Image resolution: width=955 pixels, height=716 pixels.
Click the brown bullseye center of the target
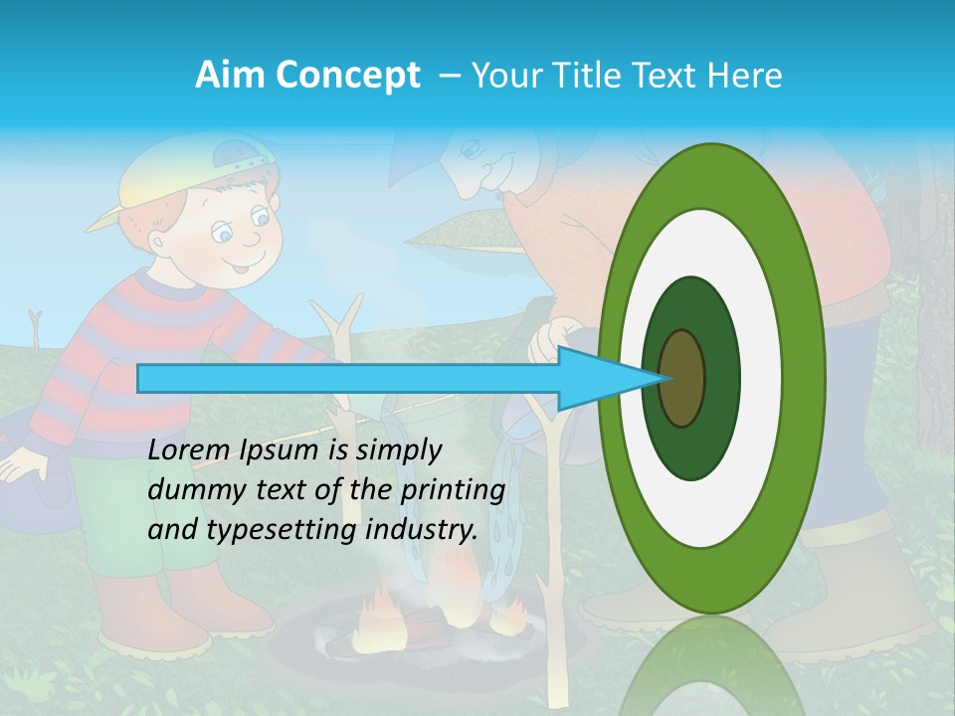pos(682,379)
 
